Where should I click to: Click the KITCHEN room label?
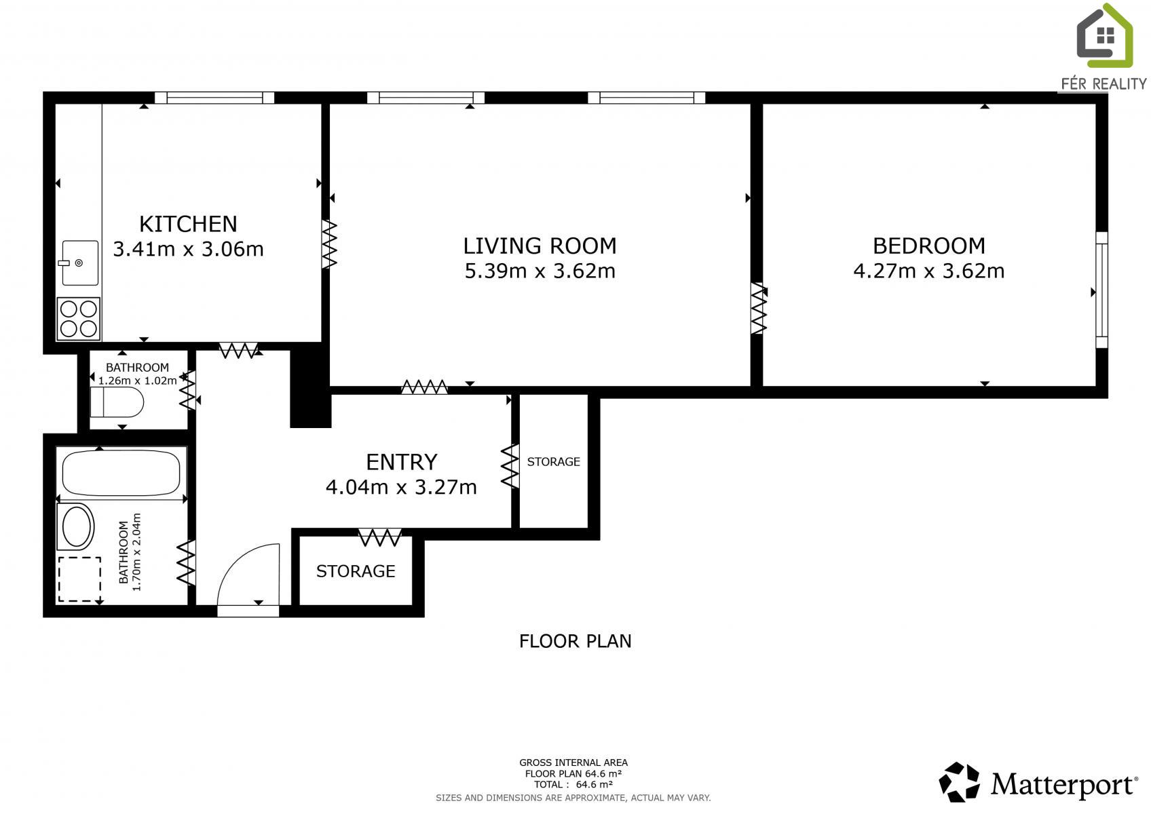[x=188, y=225]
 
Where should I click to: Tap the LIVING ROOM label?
[x=540, y=246]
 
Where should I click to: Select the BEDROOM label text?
[x=929, y=246]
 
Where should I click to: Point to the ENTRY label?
[x=401, y=462]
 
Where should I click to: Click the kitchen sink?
[x=79, y=263]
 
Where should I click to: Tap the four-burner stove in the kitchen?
[x=78, y=318]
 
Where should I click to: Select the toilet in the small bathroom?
[x=117, y=402]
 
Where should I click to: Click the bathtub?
[x=121, y=473]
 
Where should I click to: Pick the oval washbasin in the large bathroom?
[x=77, y=526]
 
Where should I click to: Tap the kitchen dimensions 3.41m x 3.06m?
[x=188, y=249]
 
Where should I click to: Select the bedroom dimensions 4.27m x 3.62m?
[x=929, y=271]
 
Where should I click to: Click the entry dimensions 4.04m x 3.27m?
[x=401, y=487]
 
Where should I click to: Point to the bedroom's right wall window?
[x=1101, y=290]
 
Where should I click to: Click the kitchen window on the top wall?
[x=214, y=98]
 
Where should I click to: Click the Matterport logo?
[x=1038, y=781]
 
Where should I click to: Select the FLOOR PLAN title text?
[x=575, y=641]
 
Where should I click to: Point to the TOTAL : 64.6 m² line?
[x=573, y=784]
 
